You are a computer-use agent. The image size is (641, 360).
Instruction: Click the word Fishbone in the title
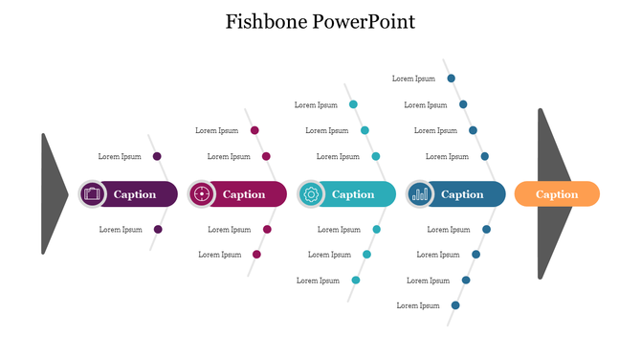pyautogui.click(x=266, y=21)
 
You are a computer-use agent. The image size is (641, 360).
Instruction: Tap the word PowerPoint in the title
pyautogui.click(x=364, y=21)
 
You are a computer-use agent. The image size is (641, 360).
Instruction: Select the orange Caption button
pyautogui.click(x=557, y=194)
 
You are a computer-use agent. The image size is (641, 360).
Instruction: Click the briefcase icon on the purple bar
pyautogui.click(x=92, y=194)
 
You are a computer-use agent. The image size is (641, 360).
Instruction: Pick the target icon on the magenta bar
pyautogui.click(x=201, y=194)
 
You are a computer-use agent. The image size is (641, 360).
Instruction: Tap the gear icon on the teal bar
pyautogui.click(x=310, y=194)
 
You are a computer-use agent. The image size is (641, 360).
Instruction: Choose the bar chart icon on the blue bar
pyautogui.click(x=419, y=194)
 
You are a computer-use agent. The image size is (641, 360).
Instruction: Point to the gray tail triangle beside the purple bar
pyautogui.click(x=52, y=193)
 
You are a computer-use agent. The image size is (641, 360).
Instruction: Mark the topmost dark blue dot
pyautogui.click(x=452, y=79)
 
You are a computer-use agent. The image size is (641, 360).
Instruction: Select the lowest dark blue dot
pyautogui.click(x=455, y=305)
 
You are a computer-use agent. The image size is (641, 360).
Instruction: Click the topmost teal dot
pyautogui.click(x=353, y=104)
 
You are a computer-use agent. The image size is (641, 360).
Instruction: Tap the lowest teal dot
pyautogui.click(x=356, y=281)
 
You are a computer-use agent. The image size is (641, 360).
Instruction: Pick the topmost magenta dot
pyautogui.click(x=254, y=130)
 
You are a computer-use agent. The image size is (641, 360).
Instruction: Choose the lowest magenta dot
pyautogui.click(x=256, y=255)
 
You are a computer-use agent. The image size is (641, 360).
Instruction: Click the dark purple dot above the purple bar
pyautogui.click(x=157, y=156)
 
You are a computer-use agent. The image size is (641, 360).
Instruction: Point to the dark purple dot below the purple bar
pyautogui.click(x=158, y=230)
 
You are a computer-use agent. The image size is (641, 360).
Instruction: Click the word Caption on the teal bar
pyautogui.click(x=353, y=194)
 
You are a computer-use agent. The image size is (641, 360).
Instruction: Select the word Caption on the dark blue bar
pyautogui.click(x=462, y=194)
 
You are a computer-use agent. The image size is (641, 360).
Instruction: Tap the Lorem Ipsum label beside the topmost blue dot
pyautogui.click(x=413, y=79)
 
